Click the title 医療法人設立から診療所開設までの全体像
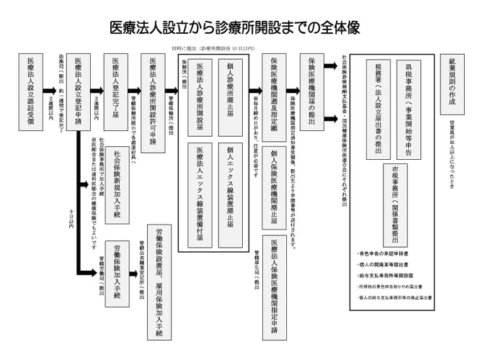[239, 27]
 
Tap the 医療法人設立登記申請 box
[81, 93]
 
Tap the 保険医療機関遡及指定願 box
[273, 93]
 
